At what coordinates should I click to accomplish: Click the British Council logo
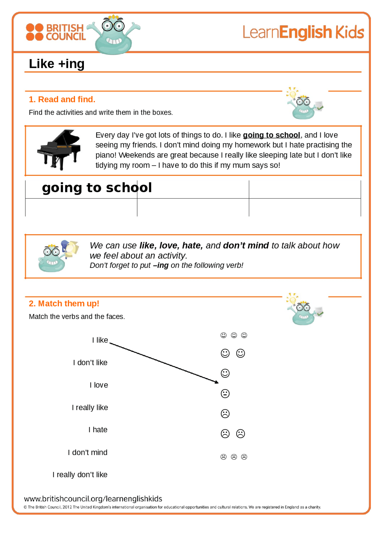coord(56,32)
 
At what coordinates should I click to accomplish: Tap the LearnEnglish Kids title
coord(303,32)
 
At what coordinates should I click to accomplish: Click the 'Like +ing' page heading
coord(57,64)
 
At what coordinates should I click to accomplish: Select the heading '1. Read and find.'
coord(62,99)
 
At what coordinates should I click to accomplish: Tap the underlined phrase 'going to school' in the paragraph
coord(271,135)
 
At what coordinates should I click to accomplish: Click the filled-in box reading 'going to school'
coord(97,188)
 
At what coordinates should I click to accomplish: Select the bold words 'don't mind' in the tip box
coord(246,245)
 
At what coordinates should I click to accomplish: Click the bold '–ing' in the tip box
coord(161,265)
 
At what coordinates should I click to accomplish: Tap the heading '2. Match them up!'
coord(64,304)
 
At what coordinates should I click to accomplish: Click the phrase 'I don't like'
coord(90,363)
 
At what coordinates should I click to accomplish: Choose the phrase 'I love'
coord(99,385)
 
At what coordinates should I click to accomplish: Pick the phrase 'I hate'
coord(98,430)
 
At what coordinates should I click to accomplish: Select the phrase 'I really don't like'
coord(80,474)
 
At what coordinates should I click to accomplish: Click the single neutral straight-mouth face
coord(225,394)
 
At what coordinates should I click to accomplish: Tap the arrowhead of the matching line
coord(217,382)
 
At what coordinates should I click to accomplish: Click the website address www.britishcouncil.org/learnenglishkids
coord(93,499)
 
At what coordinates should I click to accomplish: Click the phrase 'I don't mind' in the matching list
coord(88,452)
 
